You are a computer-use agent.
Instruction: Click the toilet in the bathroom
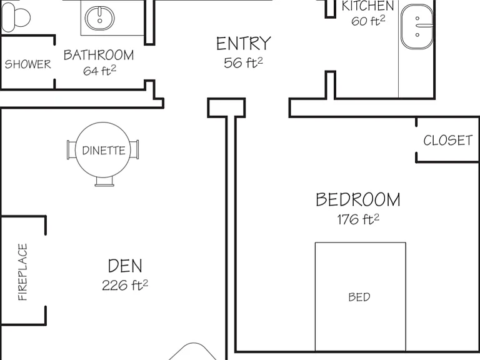coord(16,17)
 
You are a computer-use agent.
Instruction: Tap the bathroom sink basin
coord(99,18)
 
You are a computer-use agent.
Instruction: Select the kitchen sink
coord(417,27)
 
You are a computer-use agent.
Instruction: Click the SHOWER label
coord(28,64)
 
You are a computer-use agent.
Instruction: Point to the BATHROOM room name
coord(99,55)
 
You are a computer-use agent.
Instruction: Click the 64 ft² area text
coord(99,71)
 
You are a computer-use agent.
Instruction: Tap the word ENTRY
coord(244,44)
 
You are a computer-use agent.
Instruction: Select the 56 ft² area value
coord(243,62)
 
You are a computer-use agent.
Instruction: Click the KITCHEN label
coord(367,6)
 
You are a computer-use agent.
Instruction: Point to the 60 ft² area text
coord(368,21)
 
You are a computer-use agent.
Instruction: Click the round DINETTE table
coord(103,150)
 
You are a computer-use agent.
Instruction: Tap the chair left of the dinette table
coord(71,150)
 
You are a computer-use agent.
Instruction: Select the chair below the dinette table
coord(104,181)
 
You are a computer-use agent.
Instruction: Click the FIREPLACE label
coord(22,272)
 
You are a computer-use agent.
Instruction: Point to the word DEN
coord(125,266)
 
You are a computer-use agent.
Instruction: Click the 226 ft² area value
coord(125,285)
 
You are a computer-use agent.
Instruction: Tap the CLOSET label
coord(448,141)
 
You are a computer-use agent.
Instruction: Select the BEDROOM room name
coord(358,199)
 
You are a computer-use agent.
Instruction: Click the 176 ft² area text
coord(358,219)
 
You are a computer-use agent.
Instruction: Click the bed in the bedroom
coord(361,297)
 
